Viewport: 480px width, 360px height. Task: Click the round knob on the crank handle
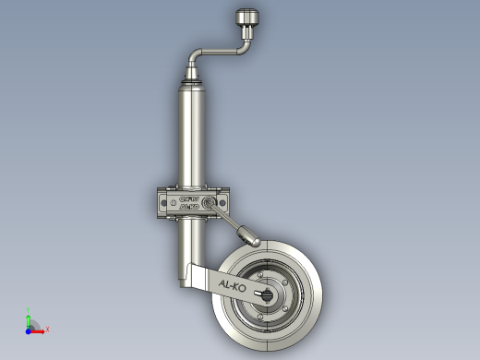click(x=246, y=18)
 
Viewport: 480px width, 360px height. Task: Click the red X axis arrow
click(x=39, y=328)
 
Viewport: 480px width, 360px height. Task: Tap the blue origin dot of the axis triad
click(x=29, y=328)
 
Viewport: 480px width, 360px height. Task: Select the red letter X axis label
click(x=47, y=329)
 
